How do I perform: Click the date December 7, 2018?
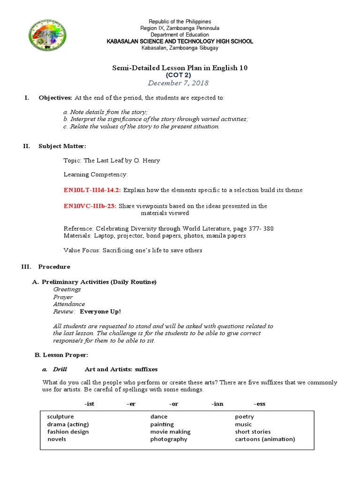tap(178, 83)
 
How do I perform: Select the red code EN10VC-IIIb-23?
tap(90, 206)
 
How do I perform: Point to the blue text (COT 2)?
tap(179, 75)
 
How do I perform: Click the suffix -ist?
tap(90, 404)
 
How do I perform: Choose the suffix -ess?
tap(259, 404)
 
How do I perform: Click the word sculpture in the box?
tap(60, 416)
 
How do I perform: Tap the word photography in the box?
tap(169, 439)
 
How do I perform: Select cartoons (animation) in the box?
tap(265, 439)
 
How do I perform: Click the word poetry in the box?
tap(244, 416)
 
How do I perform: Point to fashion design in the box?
tap(68, 432)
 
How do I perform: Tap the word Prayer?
tap(63, 297)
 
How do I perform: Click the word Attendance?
tap(69, 304)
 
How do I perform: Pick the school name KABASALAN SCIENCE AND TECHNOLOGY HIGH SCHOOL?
tap(180, 41)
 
